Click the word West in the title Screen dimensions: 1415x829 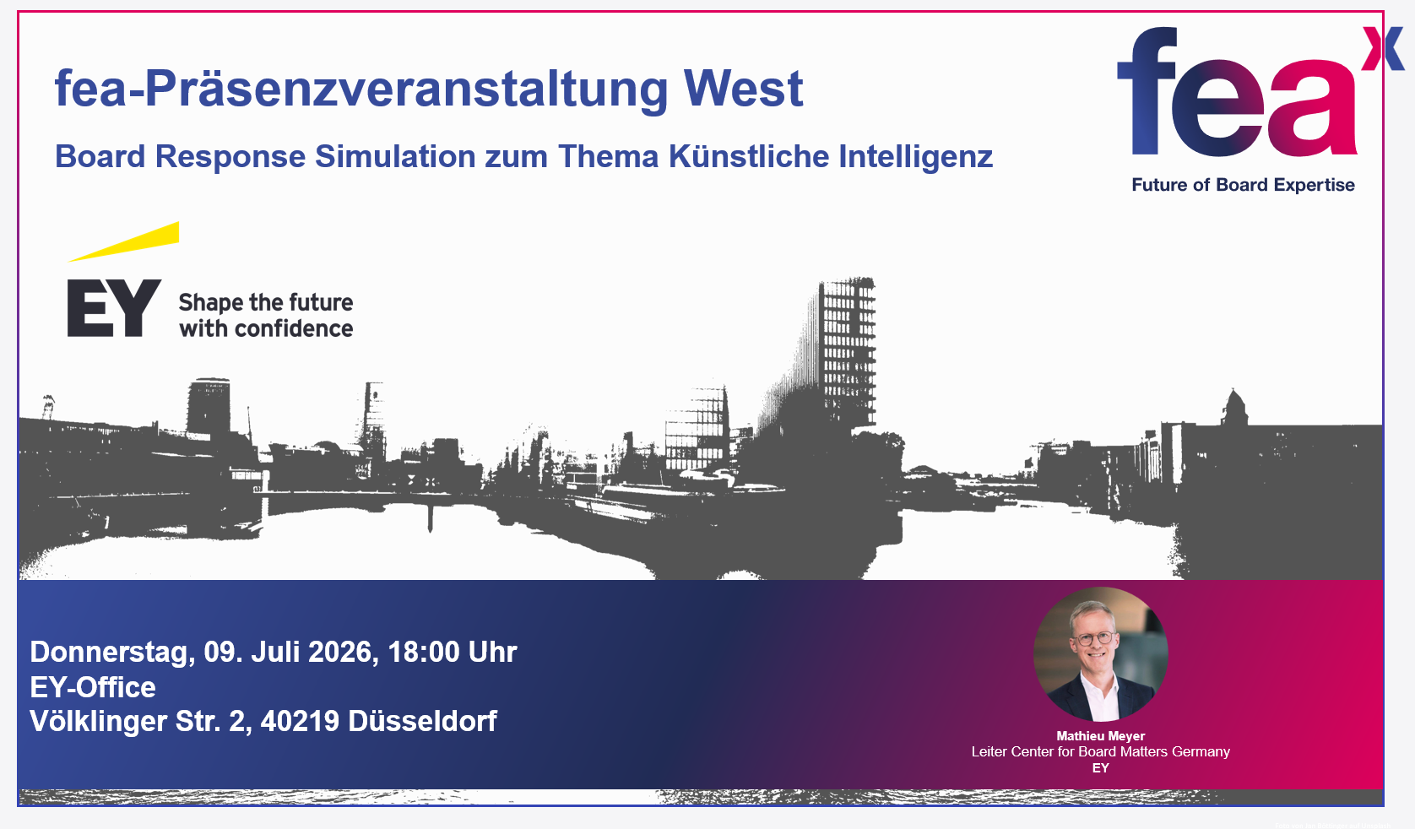click(743, 89)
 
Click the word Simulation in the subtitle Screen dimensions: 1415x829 click(395, 156)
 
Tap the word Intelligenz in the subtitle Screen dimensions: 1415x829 click(916, 156)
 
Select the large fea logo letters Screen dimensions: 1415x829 click(1237, 91)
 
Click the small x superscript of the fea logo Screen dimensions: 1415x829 click(1383, 48)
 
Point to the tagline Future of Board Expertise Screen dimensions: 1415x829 click(1243, 185)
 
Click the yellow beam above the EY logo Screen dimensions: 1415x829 click(124, 241)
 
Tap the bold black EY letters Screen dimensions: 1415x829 click(114, 308)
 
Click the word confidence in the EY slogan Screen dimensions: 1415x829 click(293, 328)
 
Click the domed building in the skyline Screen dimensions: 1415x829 click(1235, 408)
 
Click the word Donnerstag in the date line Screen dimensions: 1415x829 click(112, 652)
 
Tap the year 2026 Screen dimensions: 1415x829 click(343, 652)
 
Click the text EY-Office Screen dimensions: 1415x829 click(93, 687)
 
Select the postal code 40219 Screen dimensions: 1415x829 click(300, 721)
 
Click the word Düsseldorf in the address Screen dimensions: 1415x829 click(423, 721)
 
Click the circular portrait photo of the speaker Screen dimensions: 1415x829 click(1100, 654)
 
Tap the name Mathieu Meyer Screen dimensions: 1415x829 click(1100, 735)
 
